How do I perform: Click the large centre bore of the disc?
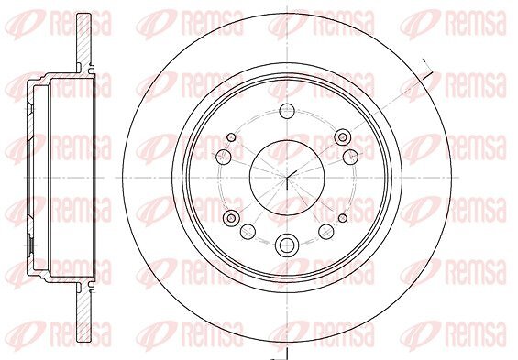coord(287,178)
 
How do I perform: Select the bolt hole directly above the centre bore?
coord(287,111)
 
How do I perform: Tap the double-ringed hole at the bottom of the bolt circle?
coord(287,245)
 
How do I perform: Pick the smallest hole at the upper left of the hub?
coord(231,137)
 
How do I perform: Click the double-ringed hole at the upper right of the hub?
coord(343,137)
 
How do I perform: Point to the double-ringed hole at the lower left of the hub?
coord(231,218)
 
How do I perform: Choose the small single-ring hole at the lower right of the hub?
coord(343,218)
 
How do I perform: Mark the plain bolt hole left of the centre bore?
coord(224,157)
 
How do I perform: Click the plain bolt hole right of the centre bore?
coord(350,157)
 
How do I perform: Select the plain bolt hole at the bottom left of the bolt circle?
coord(248,232)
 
